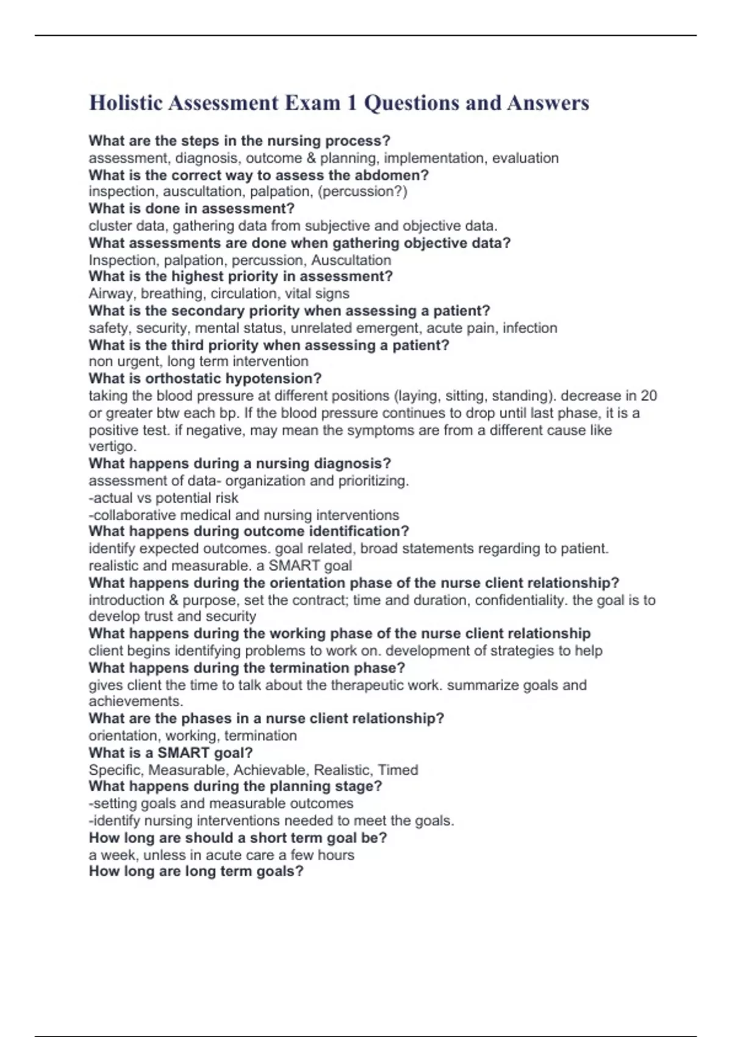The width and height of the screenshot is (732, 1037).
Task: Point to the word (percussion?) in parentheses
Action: pos(362,192)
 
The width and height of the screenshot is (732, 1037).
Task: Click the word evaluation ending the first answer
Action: pos(525,158)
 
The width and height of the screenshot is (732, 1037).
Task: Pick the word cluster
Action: pos(110,226)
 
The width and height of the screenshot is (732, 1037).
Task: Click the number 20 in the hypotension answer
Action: pos(648,395)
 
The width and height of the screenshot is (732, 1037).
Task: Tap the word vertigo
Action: pos(111,446)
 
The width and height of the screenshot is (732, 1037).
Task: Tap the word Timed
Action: pos(398,770)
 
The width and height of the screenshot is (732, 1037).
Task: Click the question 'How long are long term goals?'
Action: pos(196,871)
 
